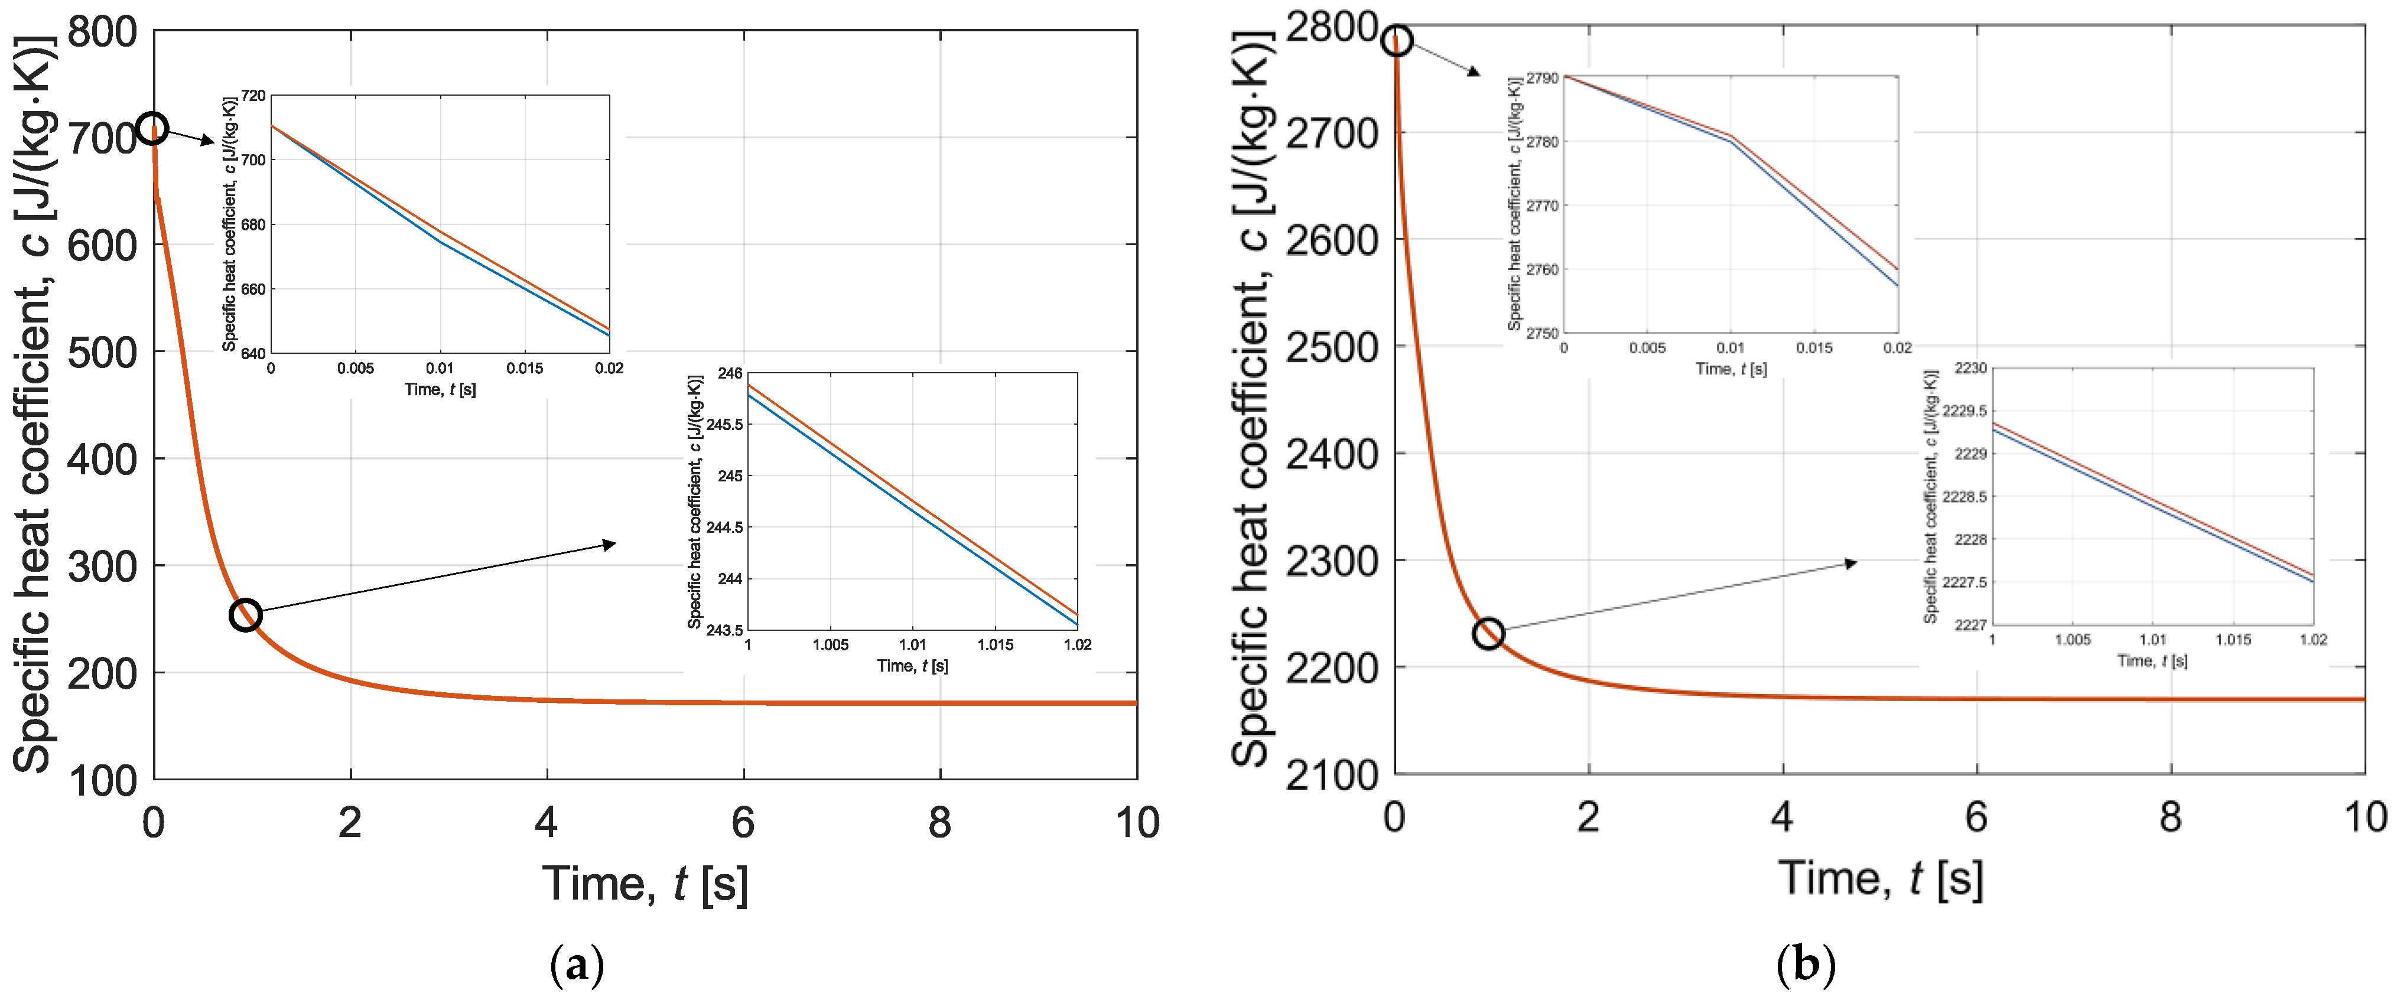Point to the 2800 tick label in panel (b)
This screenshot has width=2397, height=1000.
click(1331, 28)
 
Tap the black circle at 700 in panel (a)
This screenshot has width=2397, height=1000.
click(152, 128)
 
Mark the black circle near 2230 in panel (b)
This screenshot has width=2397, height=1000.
click(1488, 633)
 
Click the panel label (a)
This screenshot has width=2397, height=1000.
click(577, 966)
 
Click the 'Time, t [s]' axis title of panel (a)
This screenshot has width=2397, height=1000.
click(645, 883)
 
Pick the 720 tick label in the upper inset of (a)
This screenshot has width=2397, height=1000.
click(253, 96)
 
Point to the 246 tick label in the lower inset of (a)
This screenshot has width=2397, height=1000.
click(730, 374)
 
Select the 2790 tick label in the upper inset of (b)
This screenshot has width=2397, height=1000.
click(1542, 78)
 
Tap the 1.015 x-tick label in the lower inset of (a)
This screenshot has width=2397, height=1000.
click(995, 644)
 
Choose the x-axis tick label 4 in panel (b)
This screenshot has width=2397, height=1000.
click(1782, 817)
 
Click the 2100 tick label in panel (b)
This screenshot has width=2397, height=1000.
click(1331, 775)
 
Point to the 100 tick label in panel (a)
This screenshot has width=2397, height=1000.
click(102, 781)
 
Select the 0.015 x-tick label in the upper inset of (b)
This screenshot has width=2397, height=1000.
click(1814, 348)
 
